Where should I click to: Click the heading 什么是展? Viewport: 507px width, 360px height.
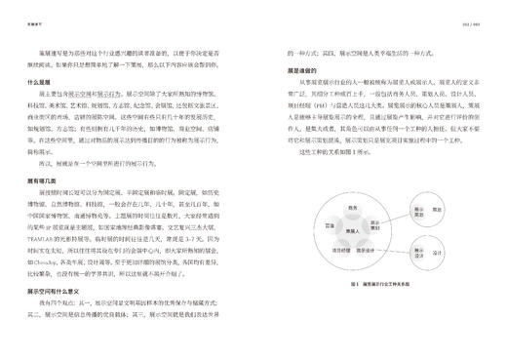pyautogui.click(x=41, y=83)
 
